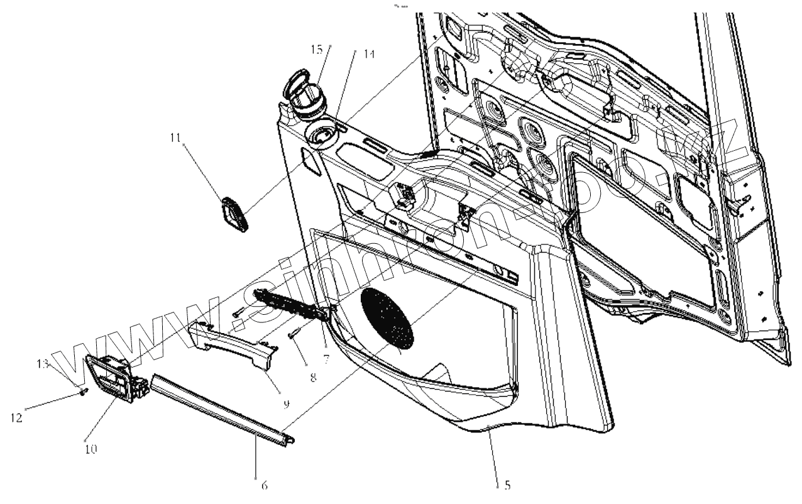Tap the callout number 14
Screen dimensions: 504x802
pyautogui.click(x=369, y=55)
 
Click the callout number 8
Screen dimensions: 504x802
pyautogui.click(x=312, y=378)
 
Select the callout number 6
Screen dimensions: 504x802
pyautogui.click(x=264, y=486)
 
